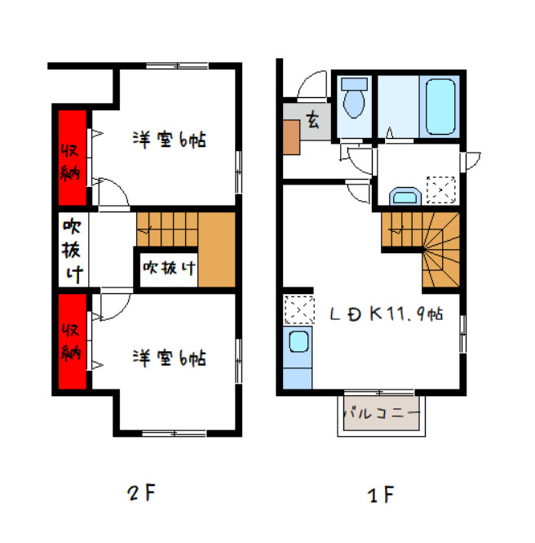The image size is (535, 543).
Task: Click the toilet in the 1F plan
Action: (354, 98)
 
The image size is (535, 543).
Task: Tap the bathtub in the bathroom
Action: (440, 107)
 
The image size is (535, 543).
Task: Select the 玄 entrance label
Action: (312, 120)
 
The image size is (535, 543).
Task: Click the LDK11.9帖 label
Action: (387, 314)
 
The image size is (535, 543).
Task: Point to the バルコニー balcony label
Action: (382, 413)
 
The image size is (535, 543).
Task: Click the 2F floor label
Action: (142, 492)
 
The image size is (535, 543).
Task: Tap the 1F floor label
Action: (380, 495)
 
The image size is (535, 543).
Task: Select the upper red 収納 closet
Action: (72, 158)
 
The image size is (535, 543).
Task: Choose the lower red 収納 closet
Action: (72, 341)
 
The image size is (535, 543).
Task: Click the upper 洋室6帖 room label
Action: (170, 140)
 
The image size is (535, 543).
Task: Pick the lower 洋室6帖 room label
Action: (170, 358)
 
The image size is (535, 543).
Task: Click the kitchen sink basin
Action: (298, 341)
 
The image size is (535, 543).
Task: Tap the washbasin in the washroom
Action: (405, 197)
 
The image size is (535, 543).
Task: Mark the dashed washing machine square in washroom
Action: (441, 189)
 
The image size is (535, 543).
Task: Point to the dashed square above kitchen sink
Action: (299, 309)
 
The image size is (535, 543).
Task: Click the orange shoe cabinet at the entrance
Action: (291, 137)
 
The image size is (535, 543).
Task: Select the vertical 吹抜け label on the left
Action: (72, 250)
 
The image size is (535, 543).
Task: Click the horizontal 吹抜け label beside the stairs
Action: (170, 268)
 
